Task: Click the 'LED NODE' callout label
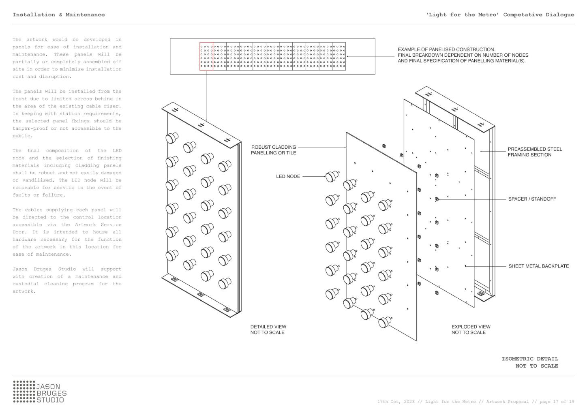click(x=288, y=176)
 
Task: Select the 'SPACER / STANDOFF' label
click(x=532, y=199)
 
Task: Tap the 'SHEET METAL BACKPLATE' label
click(x=538, y=266)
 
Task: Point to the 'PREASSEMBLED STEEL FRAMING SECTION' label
click(x=535, y=152)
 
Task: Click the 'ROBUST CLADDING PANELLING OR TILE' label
click(x=274, y=150)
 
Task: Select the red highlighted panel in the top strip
click(x=206, y=56)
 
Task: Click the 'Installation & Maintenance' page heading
click(x=58, y=15)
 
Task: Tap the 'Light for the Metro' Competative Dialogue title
click(x=500, y=15)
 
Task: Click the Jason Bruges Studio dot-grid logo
click(x=24, y=391)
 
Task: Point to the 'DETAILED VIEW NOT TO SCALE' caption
click(x=268, y=329)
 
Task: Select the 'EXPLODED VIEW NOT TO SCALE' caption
click(x=471, y=329)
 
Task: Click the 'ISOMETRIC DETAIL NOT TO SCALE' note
click(x=529, y=362)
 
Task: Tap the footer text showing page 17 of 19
click(x=476, y=402)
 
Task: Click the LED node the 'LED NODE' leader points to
click(x=332, y=176)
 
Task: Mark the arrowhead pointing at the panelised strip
click(x=348, y=56)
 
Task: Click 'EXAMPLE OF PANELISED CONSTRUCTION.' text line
click(x=446, y=49)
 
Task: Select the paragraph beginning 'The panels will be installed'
click(x=67, y=113)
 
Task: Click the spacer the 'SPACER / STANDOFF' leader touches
click(x=437, y=199)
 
